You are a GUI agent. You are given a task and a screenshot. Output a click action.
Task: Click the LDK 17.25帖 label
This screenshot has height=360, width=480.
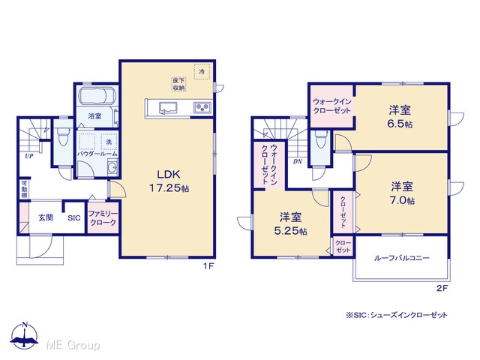click(169, 181)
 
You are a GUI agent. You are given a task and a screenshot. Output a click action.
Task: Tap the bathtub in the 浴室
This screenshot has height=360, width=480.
click(97, 96)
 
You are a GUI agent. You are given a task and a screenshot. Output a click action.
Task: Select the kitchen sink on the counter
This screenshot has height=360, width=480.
click(168, 108)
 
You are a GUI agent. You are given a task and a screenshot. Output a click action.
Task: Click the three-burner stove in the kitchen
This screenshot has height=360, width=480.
click(202, 108)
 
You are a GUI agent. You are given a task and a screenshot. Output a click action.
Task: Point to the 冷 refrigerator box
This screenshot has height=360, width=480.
click(202, 72)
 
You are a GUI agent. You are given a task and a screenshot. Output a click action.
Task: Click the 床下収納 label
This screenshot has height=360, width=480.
click(179, 84)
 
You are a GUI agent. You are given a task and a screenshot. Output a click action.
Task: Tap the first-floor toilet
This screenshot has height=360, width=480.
click(63, 136)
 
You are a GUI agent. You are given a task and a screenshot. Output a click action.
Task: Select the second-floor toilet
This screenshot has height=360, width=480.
click(320, 139)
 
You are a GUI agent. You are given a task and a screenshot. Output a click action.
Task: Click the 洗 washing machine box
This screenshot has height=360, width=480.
click(109, 142)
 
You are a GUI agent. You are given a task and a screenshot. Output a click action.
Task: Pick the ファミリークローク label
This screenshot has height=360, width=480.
click(103, 218)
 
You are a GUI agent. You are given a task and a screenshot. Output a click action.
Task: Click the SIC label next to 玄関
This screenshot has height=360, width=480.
click(74, 218)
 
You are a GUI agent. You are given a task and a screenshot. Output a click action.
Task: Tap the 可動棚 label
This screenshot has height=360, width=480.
click(24, 189)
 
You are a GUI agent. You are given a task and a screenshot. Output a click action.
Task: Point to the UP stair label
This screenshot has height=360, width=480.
click(29, 156)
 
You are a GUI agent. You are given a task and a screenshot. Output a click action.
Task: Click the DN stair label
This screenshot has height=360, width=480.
click(298, 161)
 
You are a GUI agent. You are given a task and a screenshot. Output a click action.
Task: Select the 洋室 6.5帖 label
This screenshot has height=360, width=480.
click(400, 117)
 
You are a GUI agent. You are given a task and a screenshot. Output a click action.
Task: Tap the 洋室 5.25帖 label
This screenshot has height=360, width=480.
click(290, 223)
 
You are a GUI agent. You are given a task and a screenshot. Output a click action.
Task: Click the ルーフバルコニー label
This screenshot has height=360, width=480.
click(402, 258)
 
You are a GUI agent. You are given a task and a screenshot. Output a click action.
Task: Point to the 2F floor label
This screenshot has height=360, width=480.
click(442, 288)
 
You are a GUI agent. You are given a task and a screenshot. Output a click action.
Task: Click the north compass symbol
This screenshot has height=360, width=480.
click(25, 335)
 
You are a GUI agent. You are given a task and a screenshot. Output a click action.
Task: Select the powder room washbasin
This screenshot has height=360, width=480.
click(112, 168)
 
